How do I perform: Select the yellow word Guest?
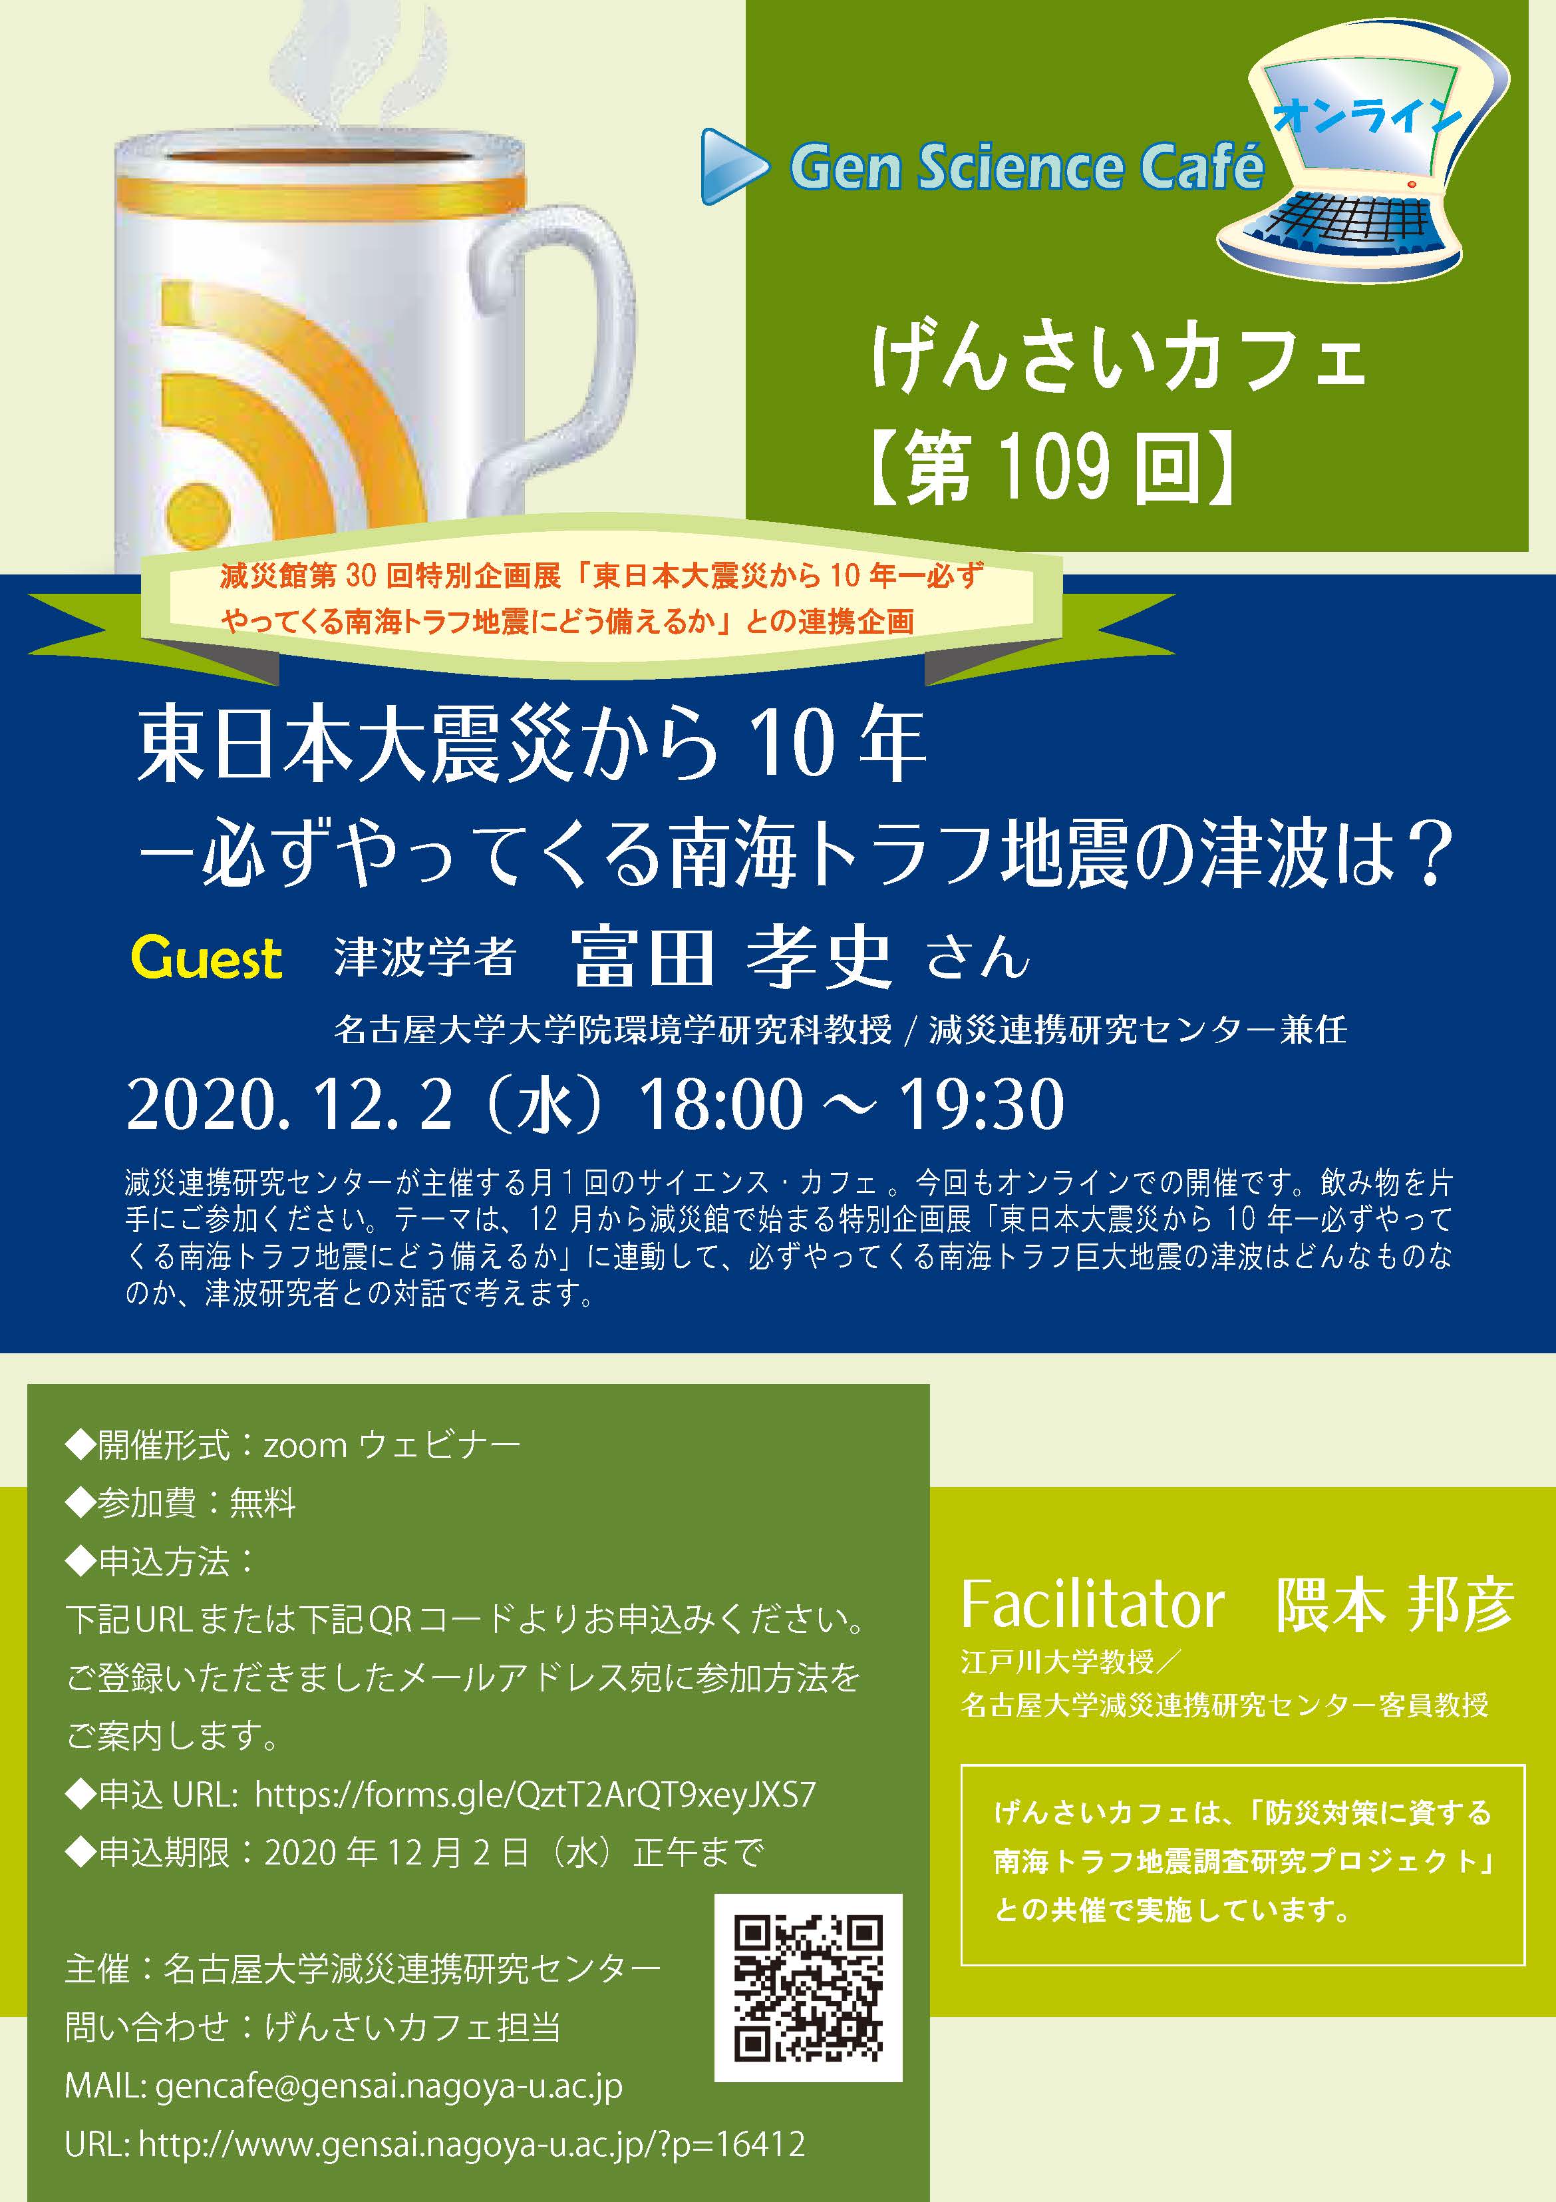(x=207, y=958)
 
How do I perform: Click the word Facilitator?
(x=1093, y=1604)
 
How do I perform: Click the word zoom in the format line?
(x=305, y=1445)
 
